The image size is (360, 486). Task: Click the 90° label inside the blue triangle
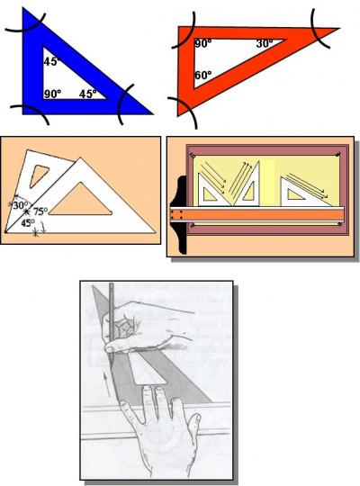tap(52, 93)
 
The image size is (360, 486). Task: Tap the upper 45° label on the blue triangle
tap(51, 61)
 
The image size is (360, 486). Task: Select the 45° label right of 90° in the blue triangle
tap(87, 93)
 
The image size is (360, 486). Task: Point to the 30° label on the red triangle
tap(264, 43)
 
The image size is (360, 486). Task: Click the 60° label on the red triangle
tap(202, 76)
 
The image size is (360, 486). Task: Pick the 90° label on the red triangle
tap(202, 43)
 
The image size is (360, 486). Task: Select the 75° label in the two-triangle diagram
tap(40, 212)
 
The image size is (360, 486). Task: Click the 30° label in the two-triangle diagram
tap(21, 204)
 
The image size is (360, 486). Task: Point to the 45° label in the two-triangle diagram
tap(28, 223)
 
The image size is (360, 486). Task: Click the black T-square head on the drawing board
tap(176, 217)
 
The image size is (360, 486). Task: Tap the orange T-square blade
tap(261, 216)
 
